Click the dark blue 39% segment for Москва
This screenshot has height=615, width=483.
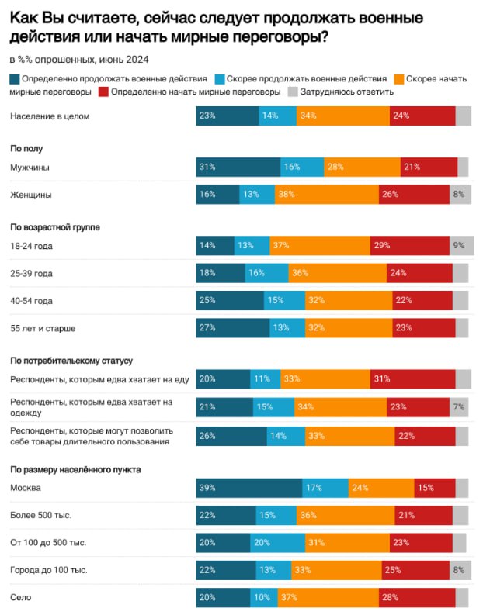[x=249, y=488]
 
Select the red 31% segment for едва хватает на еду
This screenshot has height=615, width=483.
[x=412, y=378]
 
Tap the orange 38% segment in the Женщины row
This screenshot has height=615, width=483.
[x=326, y=195]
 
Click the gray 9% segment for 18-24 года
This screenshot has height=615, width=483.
[x=461, y=246]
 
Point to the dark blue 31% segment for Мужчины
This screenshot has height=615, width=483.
[x=238, y=167]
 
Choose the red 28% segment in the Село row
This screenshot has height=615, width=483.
[x=417, y=597]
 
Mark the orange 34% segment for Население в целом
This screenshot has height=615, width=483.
[x=342, y=116]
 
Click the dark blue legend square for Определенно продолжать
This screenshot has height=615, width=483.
[x=15, y=79]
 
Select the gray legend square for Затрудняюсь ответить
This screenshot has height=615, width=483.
[x=293, y=92]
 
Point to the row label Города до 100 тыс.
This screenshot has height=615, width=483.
[x=48, y=569]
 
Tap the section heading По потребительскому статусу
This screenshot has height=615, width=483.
[x=71, y=360]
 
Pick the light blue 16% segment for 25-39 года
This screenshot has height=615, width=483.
[x=266, y=273]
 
